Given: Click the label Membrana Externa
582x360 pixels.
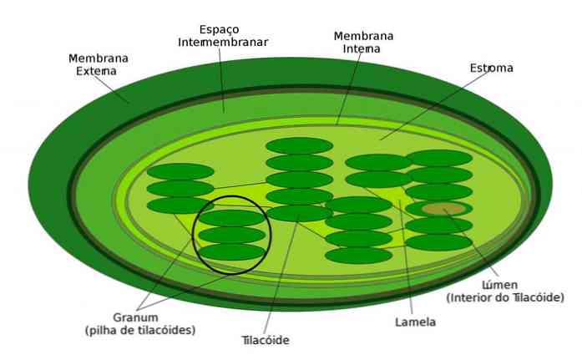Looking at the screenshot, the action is (99, 64).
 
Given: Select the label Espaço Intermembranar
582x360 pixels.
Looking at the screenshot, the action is (223, 36).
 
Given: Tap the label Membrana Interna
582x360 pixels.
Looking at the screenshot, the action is (363, 43).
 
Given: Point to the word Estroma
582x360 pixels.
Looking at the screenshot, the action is (492, 68).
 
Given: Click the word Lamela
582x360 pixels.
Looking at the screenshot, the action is (415, 322).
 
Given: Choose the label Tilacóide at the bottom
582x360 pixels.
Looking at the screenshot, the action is (266, 340).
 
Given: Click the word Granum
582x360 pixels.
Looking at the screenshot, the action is (135, 317).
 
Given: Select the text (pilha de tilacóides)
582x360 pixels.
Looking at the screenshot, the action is (140, 330).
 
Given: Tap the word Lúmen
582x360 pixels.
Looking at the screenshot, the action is (499, 285).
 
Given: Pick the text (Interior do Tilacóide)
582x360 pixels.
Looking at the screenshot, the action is (505, 297).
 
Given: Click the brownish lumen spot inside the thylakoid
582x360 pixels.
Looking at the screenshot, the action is (443, 209).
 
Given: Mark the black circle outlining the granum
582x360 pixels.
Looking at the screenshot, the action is (193, 236).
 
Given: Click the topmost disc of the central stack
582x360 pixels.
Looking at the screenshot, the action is (299, 145).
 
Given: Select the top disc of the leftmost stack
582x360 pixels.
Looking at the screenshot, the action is (180, 171).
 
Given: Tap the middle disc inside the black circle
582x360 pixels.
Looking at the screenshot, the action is (232, 235).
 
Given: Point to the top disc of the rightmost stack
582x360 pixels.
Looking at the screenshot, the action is (439, 158).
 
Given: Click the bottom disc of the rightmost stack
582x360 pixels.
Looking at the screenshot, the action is (439, 242).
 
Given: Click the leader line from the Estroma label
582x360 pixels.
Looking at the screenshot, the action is (435, 105).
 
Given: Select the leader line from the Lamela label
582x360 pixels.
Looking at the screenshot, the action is (406, 257).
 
